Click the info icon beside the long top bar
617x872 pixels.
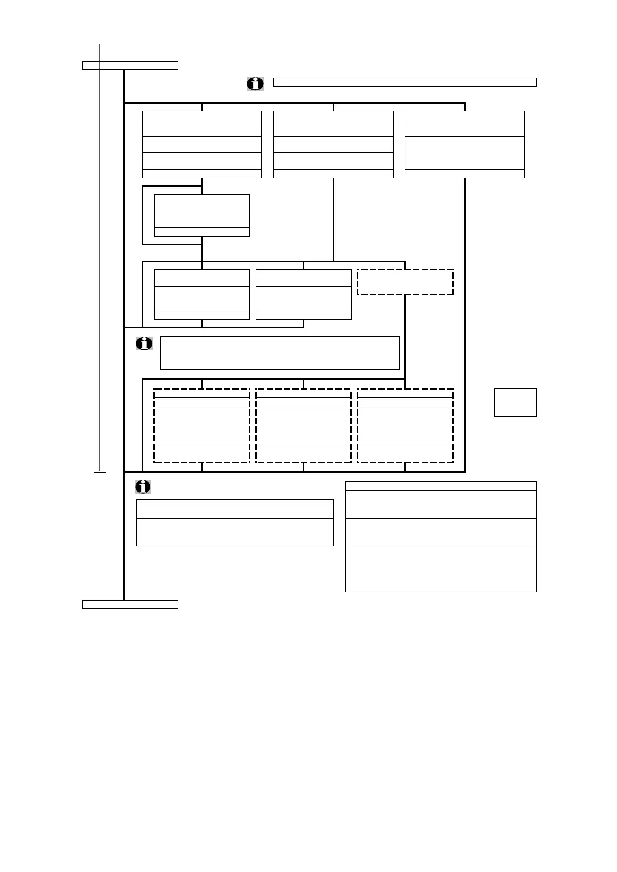point(255,83)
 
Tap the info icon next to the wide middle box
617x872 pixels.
point(144,343)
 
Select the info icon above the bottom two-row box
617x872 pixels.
point(143,487)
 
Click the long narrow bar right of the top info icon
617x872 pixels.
point(404,82)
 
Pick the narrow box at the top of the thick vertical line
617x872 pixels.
point(130,65)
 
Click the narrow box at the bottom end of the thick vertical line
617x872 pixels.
point(130,604)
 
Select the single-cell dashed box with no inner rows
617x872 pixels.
point(405,282)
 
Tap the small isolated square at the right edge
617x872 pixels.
point(515,402)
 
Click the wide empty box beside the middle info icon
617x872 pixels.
point(279,353)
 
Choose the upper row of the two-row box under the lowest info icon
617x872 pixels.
point(234,509)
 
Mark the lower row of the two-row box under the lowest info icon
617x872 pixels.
point(234,532)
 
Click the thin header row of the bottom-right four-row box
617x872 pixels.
point(441,486)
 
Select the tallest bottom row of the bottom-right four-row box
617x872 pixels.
point(441,568)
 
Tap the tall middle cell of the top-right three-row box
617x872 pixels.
point(465,153)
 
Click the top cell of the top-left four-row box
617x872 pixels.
point(202,123)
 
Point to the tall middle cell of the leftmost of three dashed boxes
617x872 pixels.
point(202,425)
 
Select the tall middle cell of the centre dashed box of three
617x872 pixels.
point(303,425)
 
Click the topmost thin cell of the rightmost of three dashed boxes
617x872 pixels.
point(405,393)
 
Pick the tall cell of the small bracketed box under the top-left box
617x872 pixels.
point(202,219)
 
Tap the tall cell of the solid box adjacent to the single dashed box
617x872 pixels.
point(303,298)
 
